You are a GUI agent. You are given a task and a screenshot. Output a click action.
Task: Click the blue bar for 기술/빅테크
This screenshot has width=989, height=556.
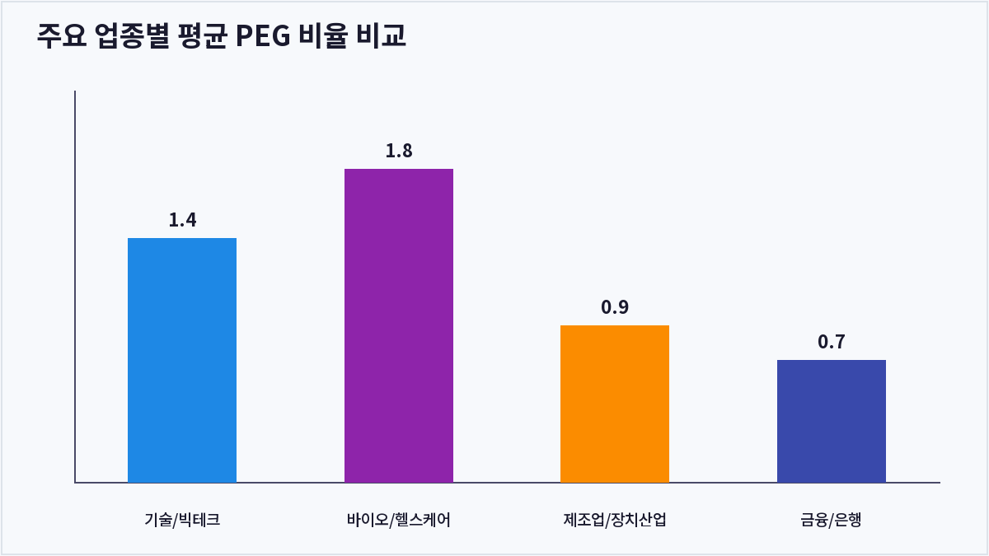[x=182, y=360]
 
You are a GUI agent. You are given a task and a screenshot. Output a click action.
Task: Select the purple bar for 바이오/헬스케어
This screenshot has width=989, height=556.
[x=399, y=325]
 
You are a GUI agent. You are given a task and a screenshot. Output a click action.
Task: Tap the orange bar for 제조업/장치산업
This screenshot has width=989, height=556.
[x=615, y=404]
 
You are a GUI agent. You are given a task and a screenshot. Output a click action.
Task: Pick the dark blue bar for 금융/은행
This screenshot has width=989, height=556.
[x=832, y=421]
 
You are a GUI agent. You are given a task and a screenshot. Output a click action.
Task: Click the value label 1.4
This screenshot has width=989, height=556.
[x=182, y=220]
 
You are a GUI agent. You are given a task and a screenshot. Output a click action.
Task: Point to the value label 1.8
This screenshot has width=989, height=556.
[x=399, y=151]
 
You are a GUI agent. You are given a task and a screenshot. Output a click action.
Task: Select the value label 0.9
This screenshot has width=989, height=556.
[x=615, y=307]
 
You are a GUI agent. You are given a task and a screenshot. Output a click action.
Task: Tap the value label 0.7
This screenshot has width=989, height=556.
[x=832, y=342]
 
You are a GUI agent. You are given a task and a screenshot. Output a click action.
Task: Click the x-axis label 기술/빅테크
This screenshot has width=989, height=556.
[x=182, y=520]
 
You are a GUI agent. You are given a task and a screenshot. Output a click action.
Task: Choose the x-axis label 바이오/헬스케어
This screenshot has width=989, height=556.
[x=399, y=520]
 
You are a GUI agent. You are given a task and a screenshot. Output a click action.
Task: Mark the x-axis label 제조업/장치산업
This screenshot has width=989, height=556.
[x=615, y=520]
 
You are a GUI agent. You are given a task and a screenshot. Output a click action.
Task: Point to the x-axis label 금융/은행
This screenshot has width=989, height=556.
[x=832, y=520]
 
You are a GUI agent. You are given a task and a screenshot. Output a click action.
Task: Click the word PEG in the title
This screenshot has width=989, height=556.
[x=263, y=35]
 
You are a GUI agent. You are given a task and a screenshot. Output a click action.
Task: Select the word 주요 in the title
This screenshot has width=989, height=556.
[x=62, y=35]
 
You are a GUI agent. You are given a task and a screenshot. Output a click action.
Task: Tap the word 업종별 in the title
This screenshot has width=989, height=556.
[x=133, y=35]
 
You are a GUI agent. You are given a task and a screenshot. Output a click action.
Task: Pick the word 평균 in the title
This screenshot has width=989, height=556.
[x=203, y=35]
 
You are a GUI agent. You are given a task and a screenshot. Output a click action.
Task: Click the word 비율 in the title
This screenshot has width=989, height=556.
[x=323, y=35]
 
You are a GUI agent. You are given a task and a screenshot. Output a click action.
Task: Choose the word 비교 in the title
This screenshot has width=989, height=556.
[x=381, y=35]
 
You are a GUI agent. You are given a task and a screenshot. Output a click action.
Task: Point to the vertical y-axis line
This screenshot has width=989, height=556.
[x=75, y=287]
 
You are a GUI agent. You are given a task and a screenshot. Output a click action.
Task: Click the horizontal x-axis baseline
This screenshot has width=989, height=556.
[x=508, y=483]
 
